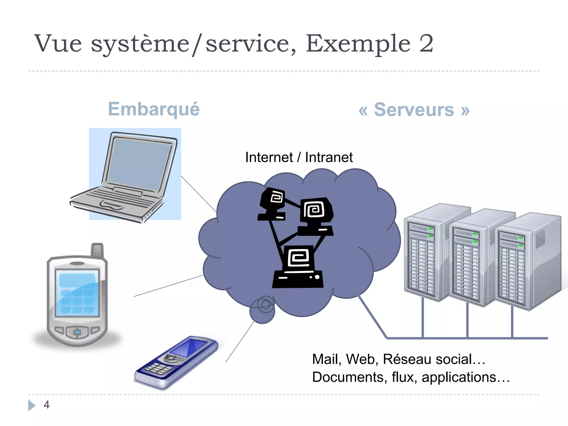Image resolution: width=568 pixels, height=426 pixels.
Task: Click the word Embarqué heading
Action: pos(154,109)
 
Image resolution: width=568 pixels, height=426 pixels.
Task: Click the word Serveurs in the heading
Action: pos(414,110)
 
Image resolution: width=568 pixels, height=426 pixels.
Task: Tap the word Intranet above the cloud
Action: pos(329,158)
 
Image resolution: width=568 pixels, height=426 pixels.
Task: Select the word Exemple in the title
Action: pos(358,44)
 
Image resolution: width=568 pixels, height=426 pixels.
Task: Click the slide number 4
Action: pos(47,405)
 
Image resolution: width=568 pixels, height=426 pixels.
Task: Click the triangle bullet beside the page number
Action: pos(31,405)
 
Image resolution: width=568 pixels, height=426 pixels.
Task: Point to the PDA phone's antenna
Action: pos(97,250)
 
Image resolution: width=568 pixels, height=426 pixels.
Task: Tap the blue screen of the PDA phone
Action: pos(77,293)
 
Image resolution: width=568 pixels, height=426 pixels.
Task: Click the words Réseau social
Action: pos(427,359)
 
